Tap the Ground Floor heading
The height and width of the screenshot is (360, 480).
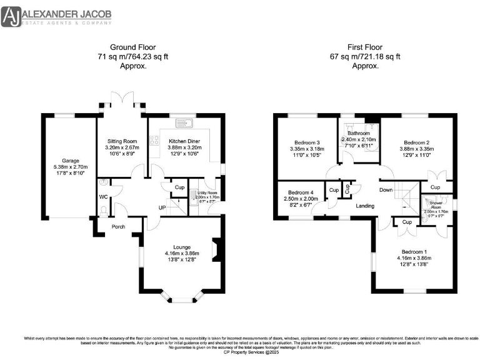click(132, 47)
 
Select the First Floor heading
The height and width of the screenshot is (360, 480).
click(366, 47)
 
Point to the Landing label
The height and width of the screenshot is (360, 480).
click(365, 206)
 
